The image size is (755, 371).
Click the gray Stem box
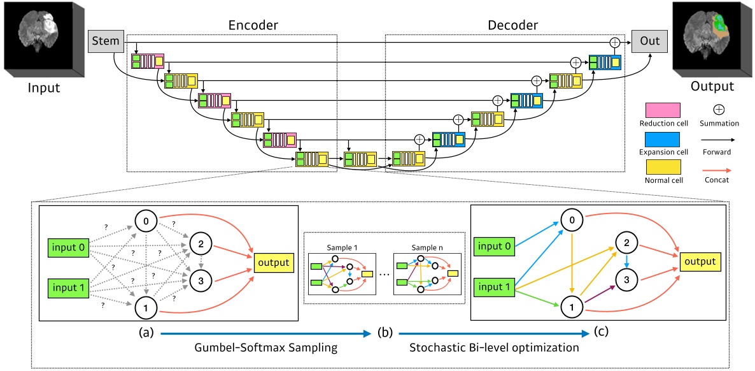105,41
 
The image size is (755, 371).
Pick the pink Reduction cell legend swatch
661,109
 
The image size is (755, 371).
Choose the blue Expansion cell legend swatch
661,139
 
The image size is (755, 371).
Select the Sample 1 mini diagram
342,272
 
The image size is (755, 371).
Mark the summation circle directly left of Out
614,41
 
